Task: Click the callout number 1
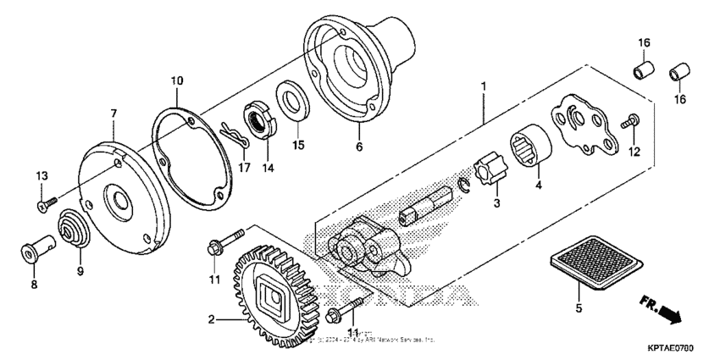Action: click(x=484, y=86)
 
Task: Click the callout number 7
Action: click(x=112, y=112)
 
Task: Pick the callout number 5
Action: click(x=579, y=308)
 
